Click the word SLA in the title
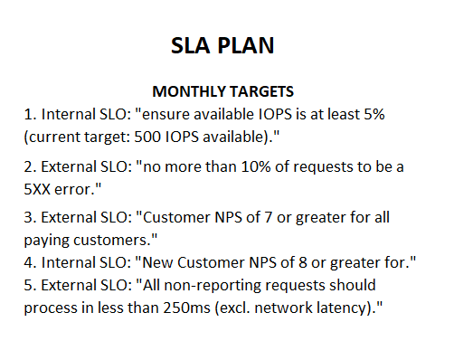(x=191, y=46)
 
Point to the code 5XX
(x=43, y=192)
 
